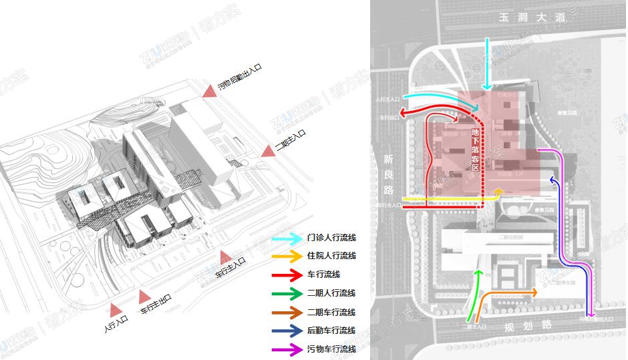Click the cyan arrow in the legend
point(286,238)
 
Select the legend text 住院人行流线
point(331,256)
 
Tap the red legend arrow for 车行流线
point(286,275)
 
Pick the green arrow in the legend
point(286,293)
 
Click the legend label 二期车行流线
point(331,312)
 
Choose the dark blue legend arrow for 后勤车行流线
point(286,331)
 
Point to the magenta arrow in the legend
point(286,349)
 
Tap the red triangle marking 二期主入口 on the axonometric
point(268,151)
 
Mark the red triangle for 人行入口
point(116,309)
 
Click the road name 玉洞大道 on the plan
point(527,18)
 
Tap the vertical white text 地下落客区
point(476,150)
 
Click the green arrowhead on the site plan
point(478,272)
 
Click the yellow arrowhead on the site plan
point(497,192)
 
